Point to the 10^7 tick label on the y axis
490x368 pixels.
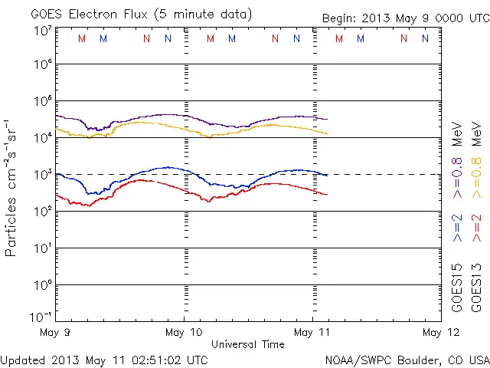click(41, 31)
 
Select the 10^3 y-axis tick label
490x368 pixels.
click(41, 175)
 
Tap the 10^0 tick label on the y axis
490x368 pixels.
click(41, 285)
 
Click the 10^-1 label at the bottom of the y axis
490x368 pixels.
click(41, 317)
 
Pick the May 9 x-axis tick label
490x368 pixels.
click(55, 332)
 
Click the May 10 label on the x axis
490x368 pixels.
click(184, 332)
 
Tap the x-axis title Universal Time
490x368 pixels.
click(248, 344)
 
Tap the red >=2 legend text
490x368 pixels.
click(475, 229)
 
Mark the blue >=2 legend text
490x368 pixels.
click(457, 229)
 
